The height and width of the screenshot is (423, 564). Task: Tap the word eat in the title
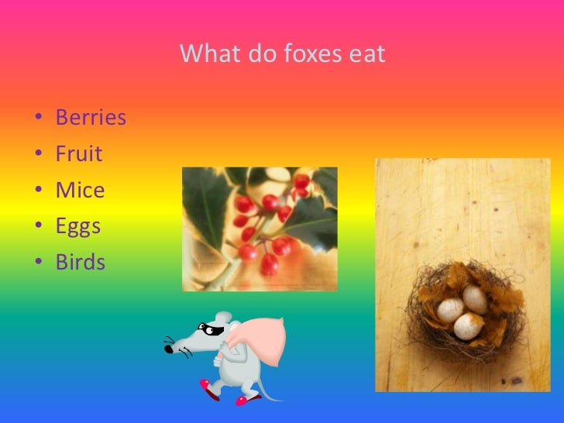tap(366, 55)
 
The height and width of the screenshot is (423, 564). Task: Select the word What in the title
tap(206, 55)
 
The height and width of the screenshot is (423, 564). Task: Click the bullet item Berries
tap(91, 119)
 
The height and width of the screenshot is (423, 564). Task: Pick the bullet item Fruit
tap(78, 154)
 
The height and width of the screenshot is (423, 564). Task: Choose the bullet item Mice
tap(80, 190)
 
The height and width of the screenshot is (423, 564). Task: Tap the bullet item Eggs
tap(78, 226)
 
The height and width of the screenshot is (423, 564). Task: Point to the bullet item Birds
tap(80, 262)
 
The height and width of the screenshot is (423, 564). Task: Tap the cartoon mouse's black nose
tap(168, 349)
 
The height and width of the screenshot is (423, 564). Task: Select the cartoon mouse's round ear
tap(223, 318)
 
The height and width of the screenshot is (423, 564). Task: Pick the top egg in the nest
tap(473, 297)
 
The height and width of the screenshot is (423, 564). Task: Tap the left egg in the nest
tap(450, 310)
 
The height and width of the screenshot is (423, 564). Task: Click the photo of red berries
tap(260, 229)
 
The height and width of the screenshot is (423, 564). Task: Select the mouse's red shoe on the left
tap(207, 385)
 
